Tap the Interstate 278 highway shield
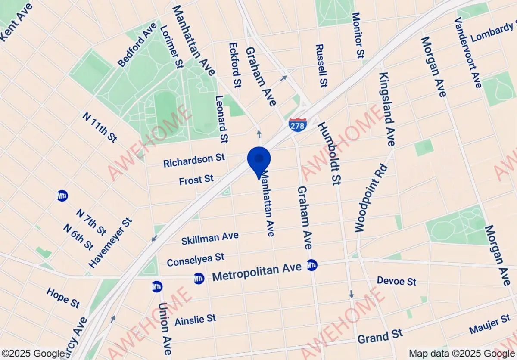pyautogui.click(x=297, y=124)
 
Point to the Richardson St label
pyautogui.click(x=194, y=161)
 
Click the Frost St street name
pyautogui.click(x=196, y=180)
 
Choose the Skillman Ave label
pyautogui.click(x=210, y=237)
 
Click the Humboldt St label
pyautogui.click(x=327, y=153)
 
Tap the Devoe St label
pyautogui.click(x=396, y=281)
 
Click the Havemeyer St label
pyautogui.click(x=110, y=242)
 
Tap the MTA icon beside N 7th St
pyautogui.click(x=62, y=196)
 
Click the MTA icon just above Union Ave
pyautogui.click(x=157, y=286)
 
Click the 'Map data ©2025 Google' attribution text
pyautogui.click(x=462, y=354)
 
